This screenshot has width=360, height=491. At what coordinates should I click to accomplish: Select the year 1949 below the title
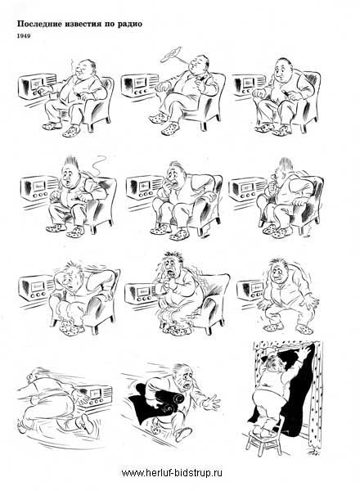[24, 36]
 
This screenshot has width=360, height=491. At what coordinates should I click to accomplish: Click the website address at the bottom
[172, 472]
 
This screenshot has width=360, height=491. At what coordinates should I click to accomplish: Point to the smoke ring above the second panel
[171, 54]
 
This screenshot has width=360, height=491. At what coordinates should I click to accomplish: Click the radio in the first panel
[36, 86]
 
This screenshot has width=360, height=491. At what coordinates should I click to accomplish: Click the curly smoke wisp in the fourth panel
[100, 164]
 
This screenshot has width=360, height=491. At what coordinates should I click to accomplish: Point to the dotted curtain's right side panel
[316, 394]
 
